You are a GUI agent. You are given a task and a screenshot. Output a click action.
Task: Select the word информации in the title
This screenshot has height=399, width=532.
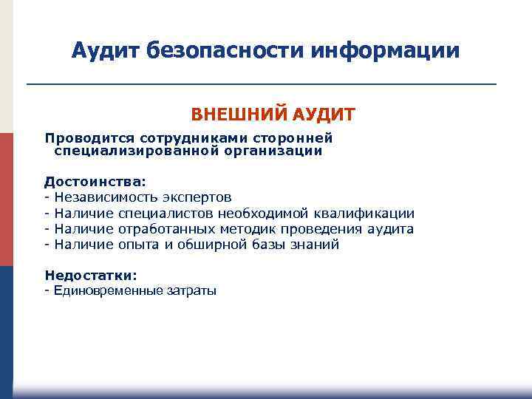click(x=385, y=51)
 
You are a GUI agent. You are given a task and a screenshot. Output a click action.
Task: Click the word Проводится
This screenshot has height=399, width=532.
click(x=82, y=138)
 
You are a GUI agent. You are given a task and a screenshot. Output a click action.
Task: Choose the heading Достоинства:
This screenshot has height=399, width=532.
click(x=95, y=181)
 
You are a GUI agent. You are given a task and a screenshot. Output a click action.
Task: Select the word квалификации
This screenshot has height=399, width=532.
click(x=368, y=214)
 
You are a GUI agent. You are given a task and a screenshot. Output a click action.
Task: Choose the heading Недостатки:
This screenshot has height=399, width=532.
click(x=91, y=275)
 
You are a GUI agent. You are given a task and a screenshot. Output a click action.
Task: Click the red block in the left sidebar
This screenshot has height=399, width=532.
click(x=7, y=199)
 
